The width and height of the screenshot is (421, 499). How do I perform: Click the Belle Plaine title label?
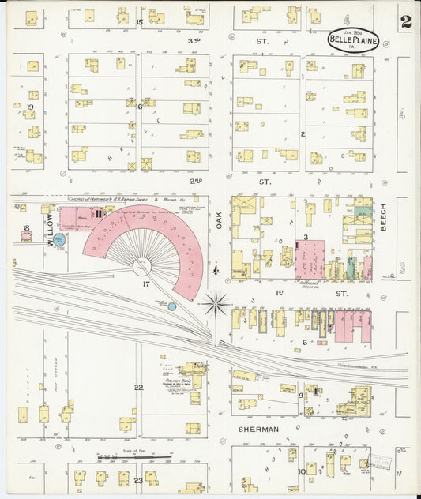[x=351, y=41]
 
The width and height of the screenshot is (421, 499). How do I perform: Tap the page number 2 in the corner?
[x=405, y=22]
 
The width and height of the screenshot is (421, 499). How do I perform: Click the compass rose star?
[x=215, y=302]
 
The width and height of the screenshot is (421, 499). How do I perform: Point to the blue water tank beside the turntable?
[x=172, y=306]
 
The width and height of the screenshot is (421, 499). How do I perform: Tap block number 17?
[x=145, y=283]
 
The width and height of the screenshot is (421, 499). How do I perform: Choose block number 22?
[x=138, y=387]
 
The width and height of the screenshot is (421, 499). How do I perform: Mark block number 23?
[x=138, y=480]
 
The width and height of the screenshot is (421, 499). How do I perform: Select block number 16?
[x=138, y=107]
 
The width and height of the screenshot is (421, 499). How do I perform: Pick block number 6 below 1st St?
[x=304, y=342]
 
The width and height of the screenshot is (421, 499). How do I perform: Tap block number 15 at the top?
[x=139, y=21]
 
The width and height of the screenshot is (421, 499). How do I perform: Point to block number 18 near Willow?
[x=26, y=228]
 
